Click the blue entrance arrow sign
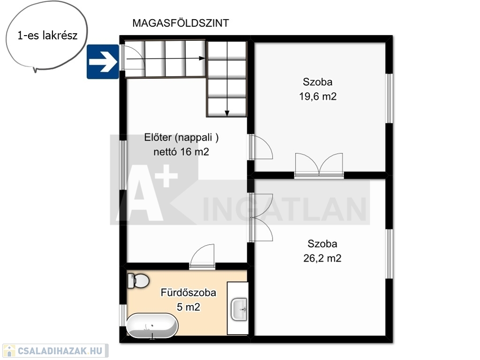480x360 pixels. pos(103,62)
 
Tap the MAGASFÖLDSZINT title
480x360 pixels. pos(181,23)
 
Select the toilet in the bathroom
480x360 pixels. pos(138,280)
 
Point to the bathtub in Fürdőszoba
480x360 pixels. pos(152,325)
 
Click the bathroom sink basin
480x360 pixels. pos(239,309)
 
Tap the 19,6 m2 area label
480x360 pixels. pos(318,97)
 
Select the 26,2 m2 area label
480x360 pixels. pos(322,258)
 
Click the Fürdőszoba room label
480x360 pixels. pos(189,292)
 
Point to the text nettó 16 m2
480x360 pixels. pos(181,152)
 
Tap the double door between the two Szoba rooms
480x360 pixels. pos(319,165)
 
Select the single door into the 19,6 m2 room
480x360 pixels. pos(260,147)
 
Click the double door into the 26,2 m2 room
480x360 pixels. pos(260,217)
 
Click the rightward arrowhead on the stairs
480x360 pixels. pos(202,58)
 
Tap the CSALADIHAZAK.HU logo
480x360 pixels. pos(55,351)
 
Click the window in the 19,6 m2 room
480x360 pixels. pos(389,98)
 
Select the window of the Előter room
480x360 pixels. pos(123,165)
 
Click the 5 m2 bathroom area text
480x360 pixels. pos(189,307)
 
